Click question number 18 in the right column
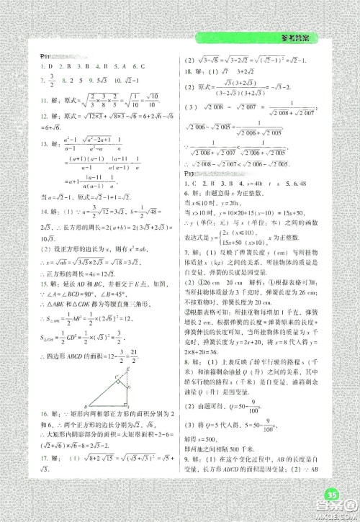coord(189,71)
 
